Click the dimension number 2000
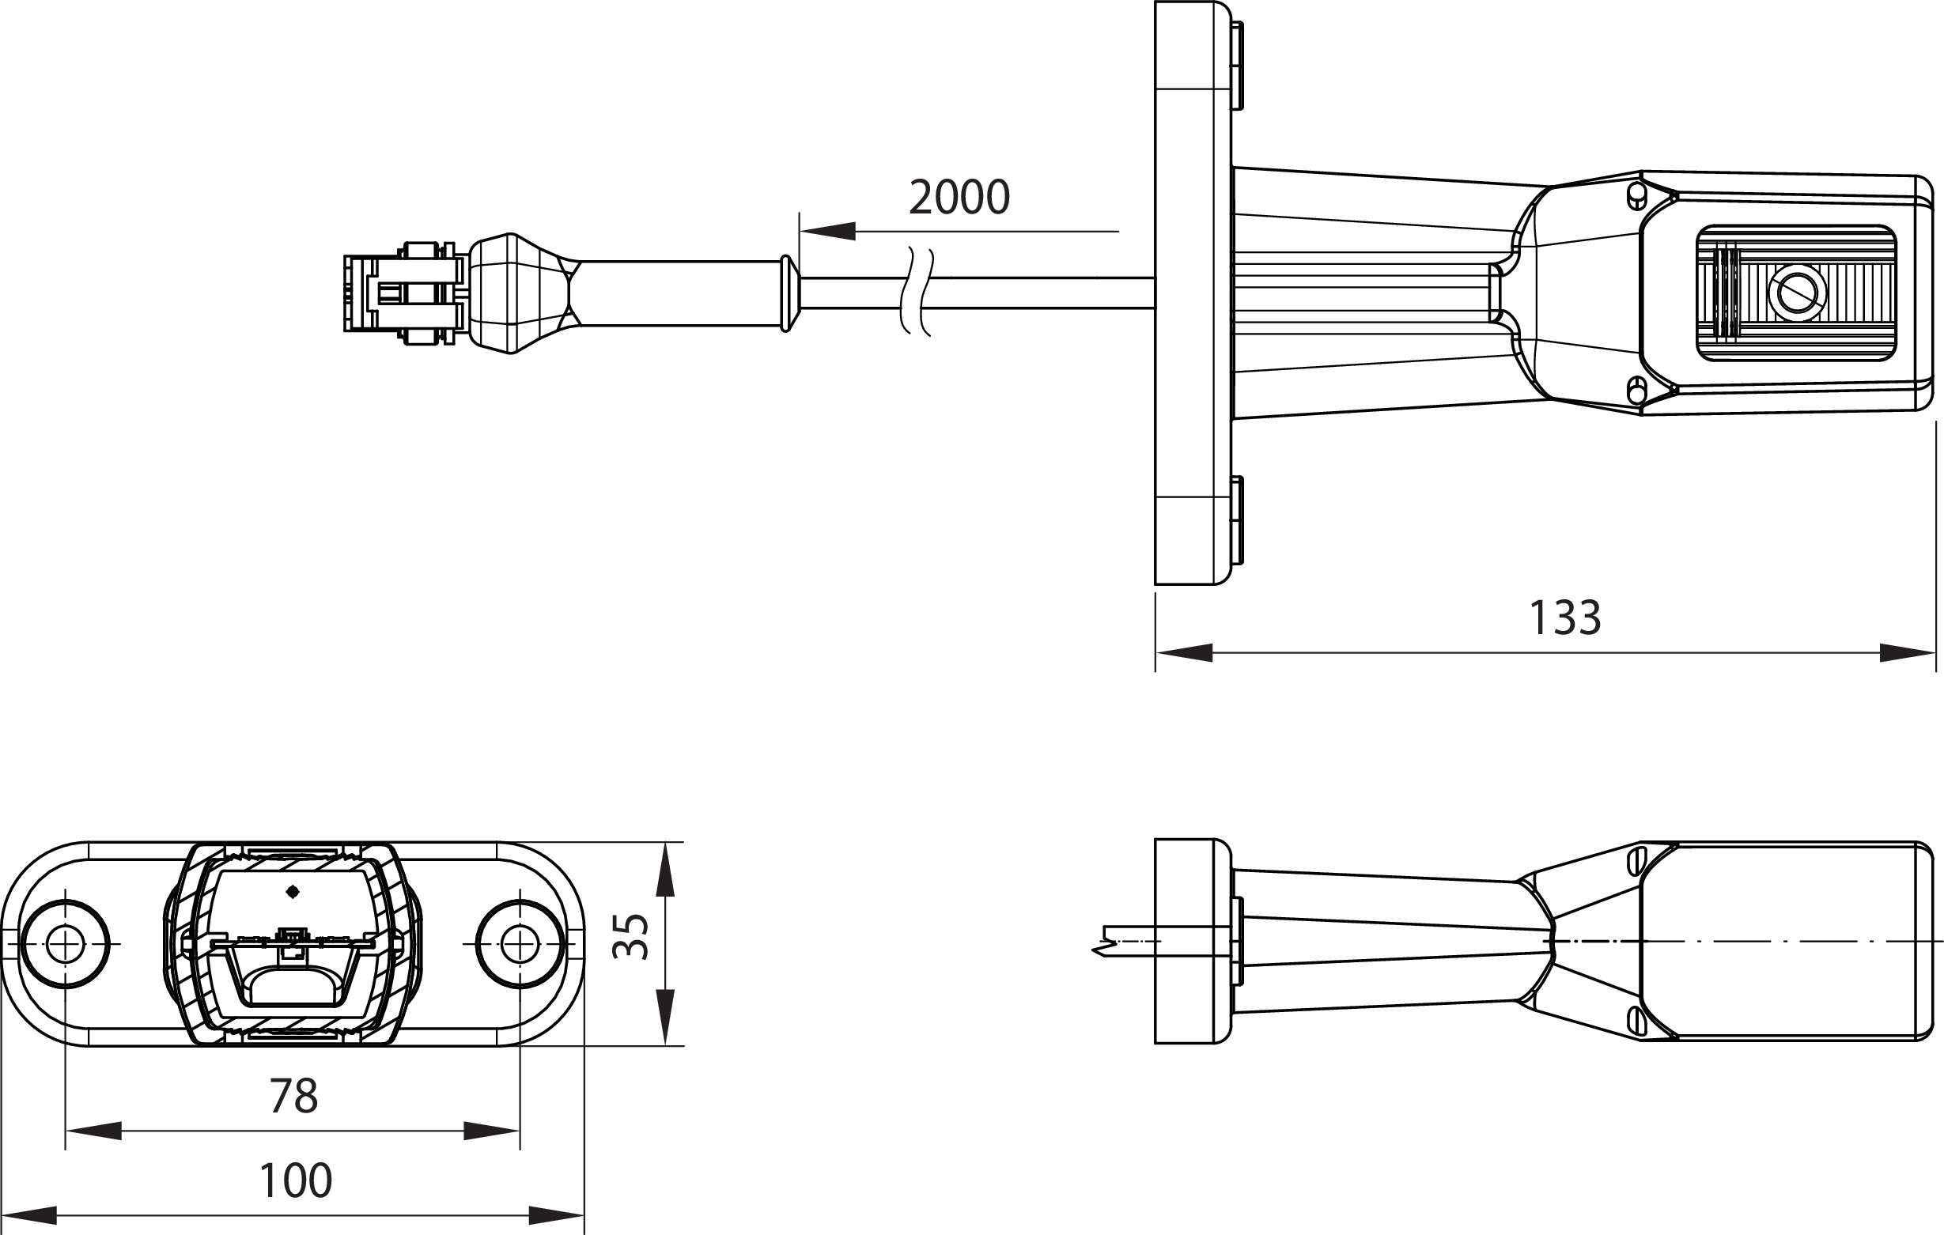coord(959,198)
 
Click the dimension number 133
coord(1564,618)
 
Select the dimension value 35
coord(630,936)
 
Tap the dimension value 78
coord(293,1096)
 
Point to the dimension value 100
coord(295,1181)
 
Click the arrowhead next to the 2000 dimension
coord(827,232)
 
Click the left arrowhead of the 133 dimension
coord(1184,652)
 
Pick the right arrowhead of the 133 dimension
coord(1907,652)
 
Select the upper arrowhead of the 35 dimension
coord(664,870)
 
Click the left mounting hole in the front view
coord(65,943)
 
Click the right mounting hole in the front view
coord(520,943)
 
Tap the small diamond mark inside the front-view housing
coord(293,892)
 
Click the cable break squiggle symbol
coord(917,292)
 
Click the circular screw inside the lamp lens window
coord(1796,292)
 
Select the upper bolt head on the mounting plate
coord(1237,66)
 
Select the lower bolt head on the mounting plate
coord(1237,520)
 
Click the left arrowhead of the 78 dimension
coord(93,1131)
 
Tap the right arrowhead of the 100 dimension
coord(555,1215)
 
